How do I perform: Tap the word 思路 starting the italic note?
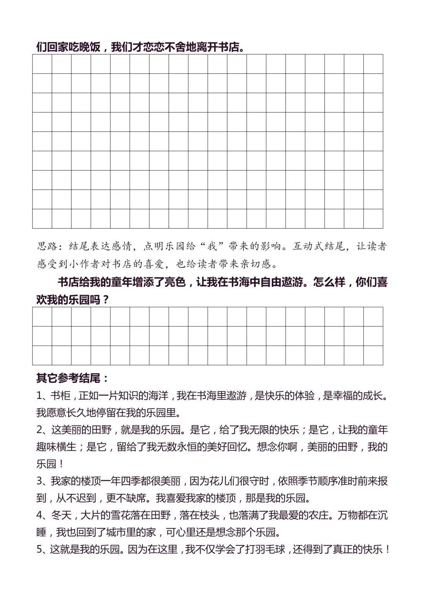(47, 246)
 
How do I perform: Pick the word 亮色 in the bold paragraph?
(174, 282)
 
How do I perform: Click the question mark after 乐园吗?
(106, 300)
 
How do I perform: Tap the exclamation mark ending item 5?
(387, 550)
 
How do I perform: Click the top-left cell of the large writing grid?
(42, 64)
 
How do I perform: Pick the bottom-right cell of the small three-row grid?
(373, 355)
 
